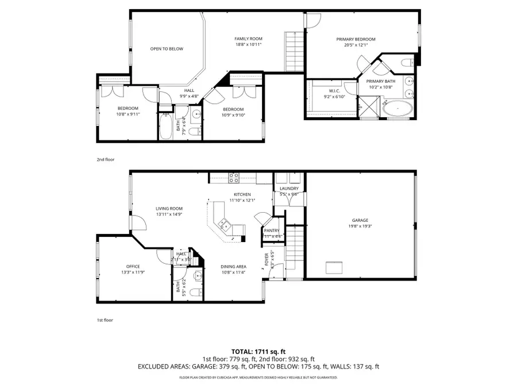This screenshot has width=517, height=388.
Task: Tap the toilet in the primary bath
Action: click(407, 62)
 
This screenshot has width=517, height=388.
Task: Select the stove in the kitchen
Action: click(234, 178)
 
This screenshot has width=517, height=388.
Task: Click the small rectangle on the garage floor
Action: click(333, 267)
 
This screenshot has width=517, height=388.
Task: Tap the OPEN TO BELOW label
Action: click(167, 49)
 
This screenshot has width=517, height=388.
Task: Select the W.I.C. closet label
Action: click(335, 90)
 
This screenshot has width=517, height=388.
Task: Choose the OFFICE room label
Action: click(133, 266)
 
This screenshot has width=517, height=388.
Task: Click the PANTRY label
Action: click(271, 230)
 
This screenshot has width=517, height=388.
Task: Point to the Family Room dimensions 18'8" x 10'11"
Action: click(248, 44)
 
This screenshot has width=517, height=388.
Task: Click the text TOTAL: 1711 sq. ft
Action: click(258, 351)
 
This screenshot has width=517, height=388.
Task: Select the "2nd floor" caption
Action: click(105, 160)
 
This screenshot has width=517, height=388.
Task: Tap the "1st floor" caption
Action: click(105, 320)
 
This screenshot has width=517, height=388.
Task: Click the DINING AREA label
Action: click(234, 266)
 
